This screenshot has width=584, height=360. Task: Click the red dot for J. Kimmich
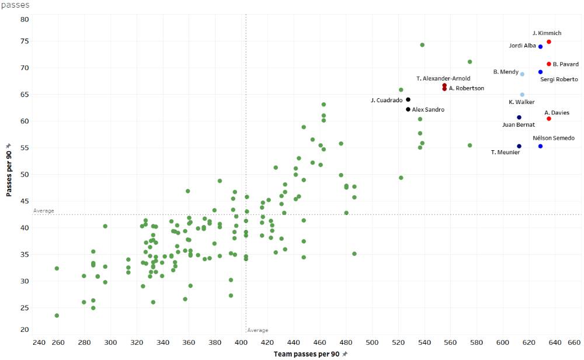549,42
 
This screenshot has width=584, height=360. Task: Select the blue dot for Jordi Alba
541,47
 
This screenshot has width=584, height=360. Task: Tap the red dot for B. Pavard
549,64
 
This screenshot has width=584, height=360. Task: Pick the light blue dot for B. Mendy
522,74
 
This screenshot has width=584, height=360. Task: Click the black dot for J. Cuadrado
408,100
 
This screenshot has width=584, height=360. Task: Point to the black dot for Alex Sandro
408,109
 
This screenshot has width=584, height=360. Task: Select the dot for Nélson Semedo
541,146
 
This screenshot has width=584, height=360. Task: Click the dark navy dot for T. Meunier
519,147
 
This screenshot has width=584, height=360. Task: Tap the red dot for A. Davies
549,119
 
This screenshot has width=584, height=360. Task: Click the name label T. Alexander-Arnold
443,78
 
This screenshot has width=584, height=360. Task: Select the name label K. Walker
522,102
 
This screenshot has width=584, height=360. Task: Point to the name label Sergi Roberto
558,79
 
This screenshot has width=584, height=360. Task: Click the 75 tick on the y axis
25,41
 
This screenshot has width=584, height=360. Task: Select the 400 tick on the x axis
241,342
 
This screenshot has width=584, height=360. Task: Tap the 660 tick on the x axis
574,342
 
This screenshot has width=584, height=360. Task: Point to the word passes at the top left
15,5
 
